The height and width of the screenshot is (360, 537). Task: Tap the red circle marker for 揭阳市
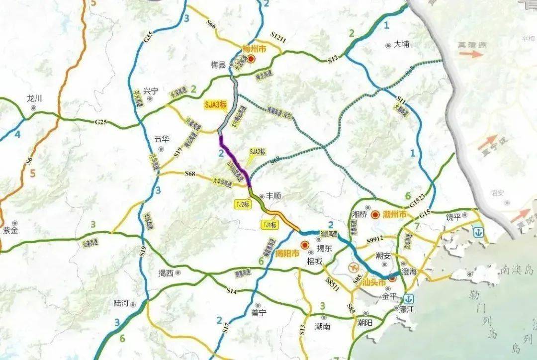coord(304,245)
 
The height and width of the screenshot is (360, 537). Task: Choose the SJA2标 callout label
coord(258,151)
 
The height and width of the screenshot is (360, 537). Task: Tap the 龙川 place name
coord(34,98)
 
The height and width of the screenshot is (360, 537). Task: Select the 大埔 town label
coord(401,44)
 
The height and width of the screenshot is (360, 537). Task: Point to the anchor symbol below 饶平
coord(478,232)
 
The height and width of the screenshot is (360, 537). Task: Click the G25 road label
coord(101,122)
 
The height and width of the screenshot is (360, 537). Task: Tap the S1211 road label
coord(279,37)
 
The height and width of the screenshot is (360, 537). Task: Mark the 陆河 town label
coord(121,303)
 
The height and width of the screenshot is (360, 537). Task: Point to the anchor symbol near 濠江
coord(409,299)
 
